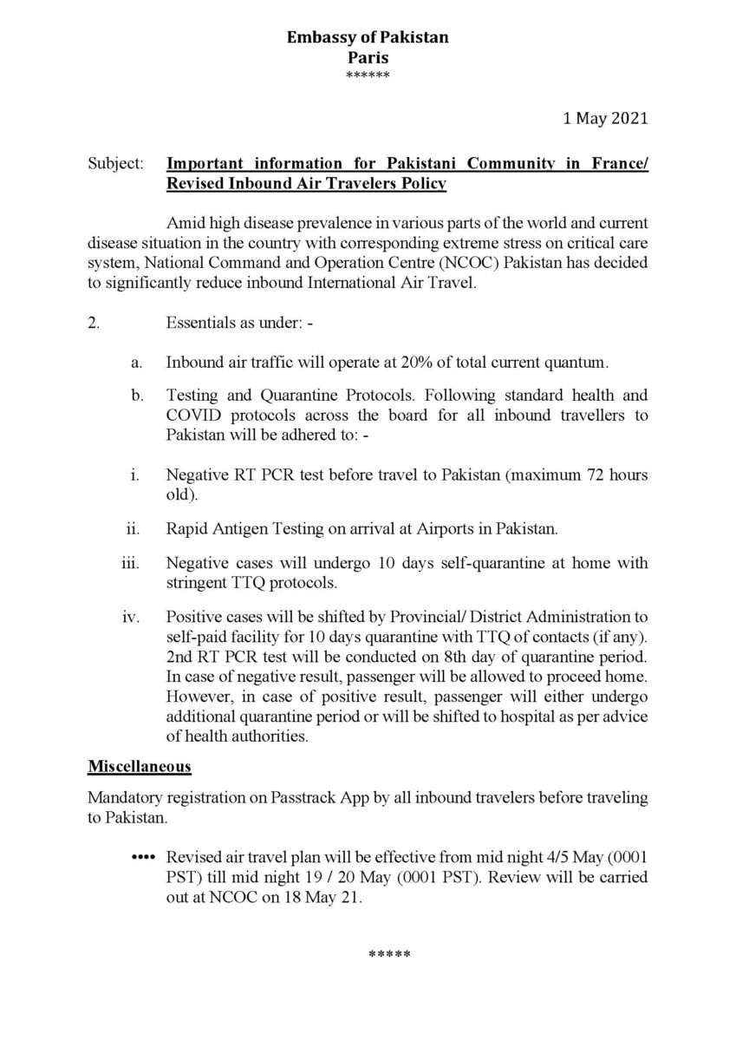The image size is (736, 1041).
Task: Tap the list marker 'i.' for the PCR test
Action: tap(134, 476)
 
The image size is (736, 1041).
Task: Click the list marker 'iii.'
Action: tap(130, 563)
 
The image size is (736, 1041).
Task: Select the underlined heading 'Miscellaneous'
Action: tap(139, 767)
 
